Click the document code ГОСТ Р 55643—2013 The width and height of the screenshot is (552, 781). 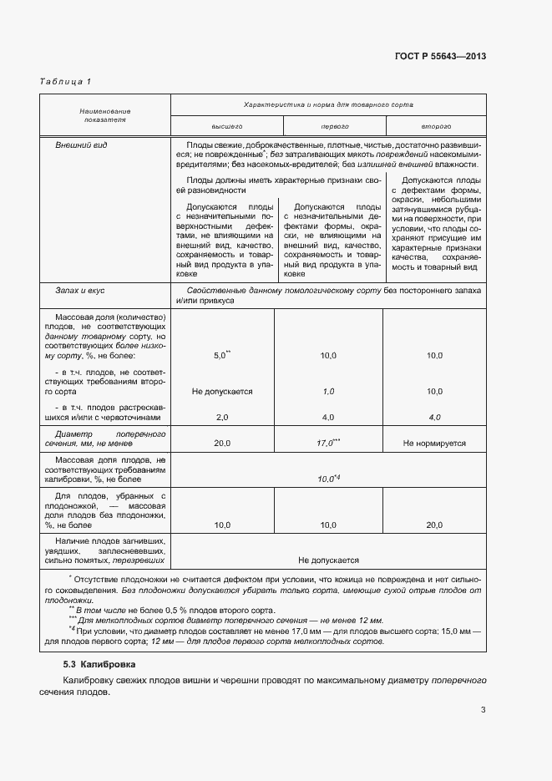pyautogui.click(x=440, y=56)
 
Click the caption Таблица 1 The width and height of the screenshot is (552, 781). pyautogui.click(x=65, y=81)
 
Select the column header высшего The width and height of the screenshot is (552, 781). pyautogui.click(x=226, y=125)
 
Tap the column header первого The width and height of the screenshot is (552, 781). pyautogui.click(x=334, y=125)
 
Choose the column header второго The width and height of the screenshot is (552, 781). pyautogui.click(x=435, y=125)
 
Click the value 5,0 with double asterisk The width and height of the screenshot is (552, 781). pyautogui.click(x=222, y=355)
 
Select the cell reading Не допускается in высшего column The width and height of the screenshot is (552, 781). pyautogui.click(x=222, y=391)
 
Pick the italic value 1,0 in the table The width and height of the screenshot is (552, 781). pyautogui.click(x=328, y=391)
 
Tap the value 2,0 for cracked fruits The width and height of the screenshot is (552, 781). pyautogui.click(x=222, y=417)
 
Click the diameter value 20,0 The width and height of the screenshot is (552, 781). pyautogui.click(x=222, y=444)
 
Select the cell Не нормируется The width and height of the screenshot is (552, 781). pyautogui.click(x=434, y=444)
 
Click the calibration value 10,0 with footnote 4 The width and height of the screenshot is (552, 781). pyautogui.click(x=328, y=478)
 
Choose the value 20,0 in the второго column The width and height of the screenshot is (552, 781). pyautogui.click(x=434, y=525)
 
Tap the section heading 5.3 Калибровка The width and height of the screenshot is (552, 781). pyautogui.click(x=104, y=663)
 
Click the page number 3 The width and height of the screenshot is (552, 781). pyautogui.click(x=483, y=711)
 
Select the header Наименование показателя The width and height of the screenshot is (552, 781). pyautogui.click(x=105, y=115)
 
